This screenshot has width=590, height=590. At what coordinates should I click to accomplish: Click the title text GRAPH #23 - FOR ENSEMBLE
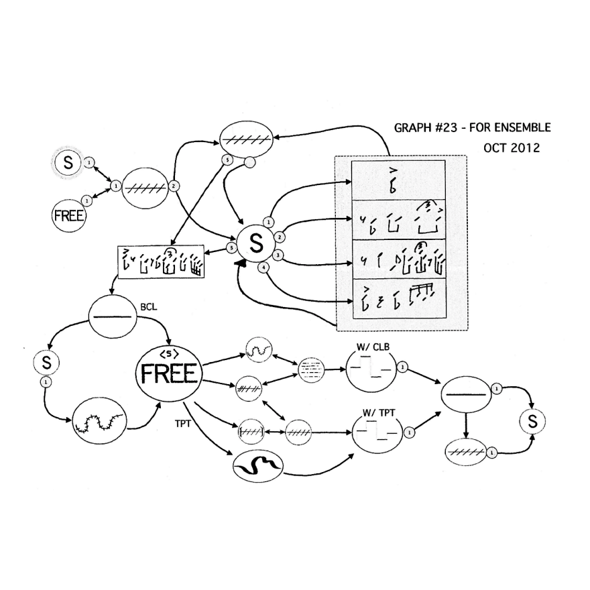coord(472,127)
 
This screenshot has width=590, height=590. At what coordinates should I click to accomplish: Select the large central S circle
coord(255,245)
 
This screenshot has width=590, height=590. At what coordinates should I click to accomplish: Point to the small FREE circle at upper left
coord(69,216)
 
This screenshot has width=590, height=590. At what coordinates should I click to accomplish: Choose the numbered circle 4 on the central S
coord(264,268)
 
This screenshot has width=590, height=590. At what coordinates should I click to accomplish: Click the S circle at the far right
coord(532,421)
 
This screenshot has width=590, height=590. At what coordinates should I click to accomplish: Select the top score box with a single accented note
coord(398,179)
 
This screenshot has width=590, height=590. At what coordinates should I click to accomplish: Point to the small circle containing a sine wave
coord(257,348)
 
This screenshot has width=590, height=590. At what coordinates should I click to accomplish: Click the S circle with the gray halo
coord(68,162)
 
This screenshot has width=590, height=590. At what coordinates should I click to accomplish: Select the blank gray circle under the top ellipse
coord(249,162)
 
